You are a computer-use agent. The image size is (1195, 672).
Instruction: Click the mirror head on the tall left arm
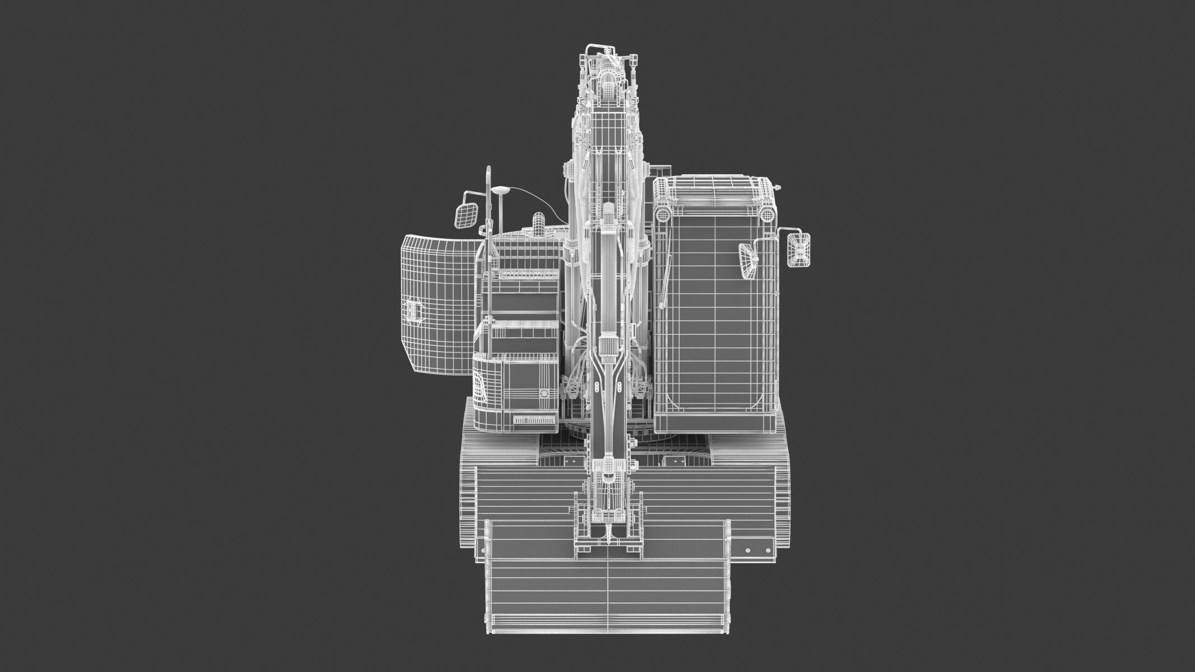click(x=466, y=216)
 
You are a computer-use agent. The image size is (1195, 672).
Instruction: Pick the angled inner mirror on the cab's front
click(x=747, y=262)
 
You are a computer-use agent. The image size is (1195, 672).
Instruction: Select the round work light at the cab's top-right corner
click(x=765, y=215)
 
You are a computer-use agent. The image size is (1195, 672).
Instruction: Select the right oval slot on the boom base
click(x=620, y=387)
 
